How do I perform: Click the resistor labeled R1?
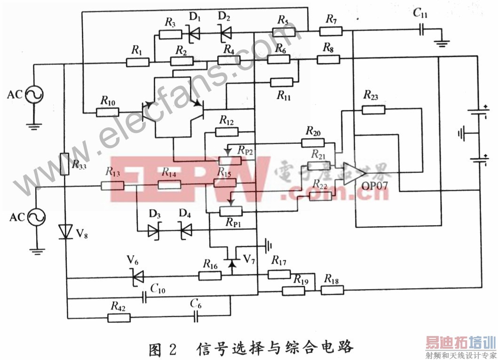coord(137,62)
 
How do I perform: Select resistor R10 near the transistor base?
coord(108,112)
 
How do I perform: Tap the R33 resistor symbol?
coord(65,164)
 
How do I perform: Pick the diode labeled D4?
coord(186,230)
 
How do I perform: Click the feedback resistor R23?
coord(374,110)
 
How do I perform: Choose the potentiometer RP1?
coord(231,211)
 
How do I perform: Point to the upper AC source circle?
coord(35,95)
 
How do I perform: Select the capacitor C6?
coord(196,317)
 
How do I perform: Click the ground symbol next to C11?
coord(442,43)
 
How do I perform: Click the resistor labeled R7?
coord(331,31)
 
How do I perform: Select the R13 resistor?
coord(112,186)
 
